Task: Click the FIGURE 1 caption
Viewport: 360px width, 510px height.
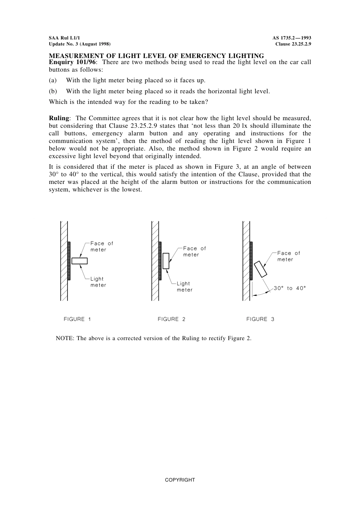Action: pyautogui.click(x=77, y=319)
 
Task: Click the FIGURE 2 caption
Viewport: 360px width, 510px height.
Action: pyautogui.click(x=171, y=319)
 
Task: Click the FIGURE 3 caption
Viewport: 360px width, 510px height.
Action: pyautogui.click(x=260, y=319)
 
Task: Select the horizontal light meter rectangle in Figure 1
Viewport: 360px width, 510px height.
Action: pyautogui.click(x=79, y=261)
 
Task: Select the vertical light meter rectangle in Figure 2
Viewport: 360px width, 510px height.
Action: pyautogui.click(x=166, y=261)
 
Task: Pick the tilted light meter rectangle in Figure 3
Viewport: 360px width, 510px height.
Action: pyautogui.click(x=261, y=269)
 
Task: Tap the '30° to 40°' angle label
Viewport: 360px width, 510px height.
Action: pyautogui.click(x=290, y=288)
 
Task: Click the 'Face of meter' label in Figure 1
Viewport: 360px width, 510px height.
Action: pyautogui.click(x=102, y=246)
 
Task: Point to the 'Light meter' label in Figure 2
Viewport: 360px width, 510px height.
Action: pyautogui.click(x=184, y=287)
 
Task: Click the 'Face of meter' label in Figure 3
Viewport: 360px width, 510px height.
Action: pyautogui.click(x=288, y=256)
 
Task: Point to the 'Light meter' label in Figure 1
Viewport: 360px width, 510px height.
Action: pyautogui.click(x=98, y=282)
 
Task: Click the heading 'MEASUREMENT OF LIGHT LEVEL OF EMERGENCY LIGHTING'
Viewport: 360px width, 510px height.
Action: pyautogui.click(x=156, y=56)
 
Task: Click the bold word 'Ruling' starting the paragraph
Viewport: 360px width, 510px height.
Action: pyautogui.click(x=59, y=118)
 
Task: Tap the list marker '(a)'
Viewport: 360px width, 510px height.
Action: pyautogui.click(x=53, y=80)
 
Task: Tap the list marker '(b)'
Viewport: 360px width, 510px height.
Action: pyautogui.click(x=53, y=91)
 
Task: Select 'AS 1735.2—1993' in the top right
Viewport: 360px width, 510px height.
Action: pyautogui.click(x=291, y=38)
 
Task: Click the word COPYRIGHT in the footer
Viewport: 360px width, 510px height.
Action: pyautogui.click(x=180, y=480)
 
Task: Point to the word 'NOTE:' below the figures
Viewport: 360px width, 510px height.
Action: pyautogui.click(x=65, y=338)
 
